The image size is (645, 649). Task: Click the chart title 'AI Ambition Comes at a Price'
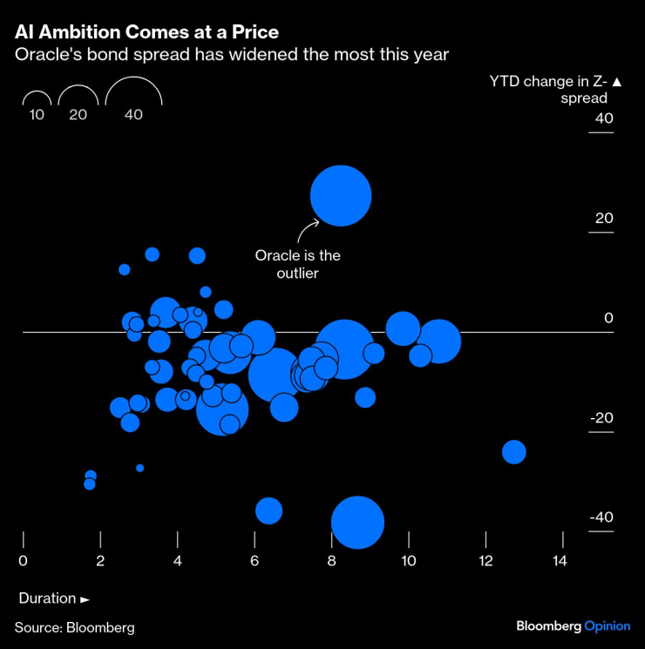(146, 32)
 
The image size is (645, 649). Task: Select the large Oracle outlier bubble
(341, 195)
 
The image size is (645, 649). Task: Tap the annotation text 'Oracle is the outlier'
(298, 265)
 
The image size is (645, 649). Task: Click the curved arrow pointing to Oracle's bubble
(307, 231)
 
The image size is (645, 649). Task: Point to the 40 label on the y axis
(604, 118)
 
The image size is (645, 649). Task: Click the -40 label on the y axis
(601, 517)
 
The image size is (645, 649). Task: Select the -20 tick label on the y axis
(601, 418)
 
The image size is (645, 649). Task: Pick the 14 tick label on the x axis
(559, 561)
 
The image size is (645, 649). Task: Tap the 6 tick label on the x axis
(255, 561)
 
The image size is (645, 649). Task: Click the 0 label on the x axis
(23, 561)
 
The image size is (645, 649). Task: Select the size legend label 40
(133, 114)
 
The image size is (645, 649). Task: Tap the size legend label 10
(37, 114)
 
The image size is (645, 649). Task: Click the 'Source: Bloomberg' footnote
(74, 627)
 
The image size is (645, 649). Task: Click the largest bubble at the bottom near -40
(357, 523)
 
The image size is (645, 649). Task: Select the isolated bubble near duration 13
(513, 452)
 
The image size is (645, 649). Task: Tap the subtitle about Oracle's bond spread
(231, 54)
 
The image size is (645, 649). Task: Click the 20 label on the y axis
(604, 219)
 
